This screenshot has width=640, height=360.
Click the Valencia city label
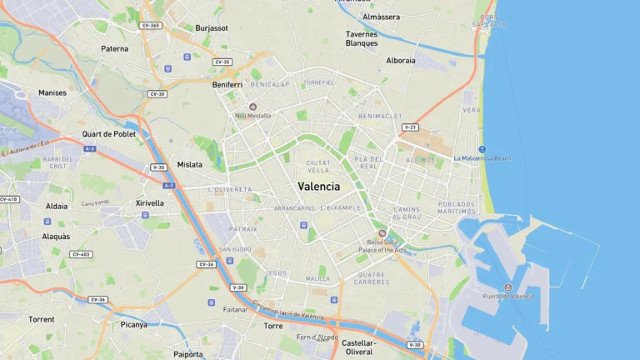[318, 187]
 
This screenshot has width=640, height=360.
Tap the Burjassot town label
[212, 27]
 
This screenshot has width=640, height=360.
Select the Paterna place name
[115, 48]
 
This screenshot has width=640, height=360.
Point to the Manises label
[52, 92]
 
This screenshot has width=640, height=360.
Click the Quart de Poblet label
[108, 133]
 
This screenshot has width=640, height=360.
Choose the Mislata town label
[189, 164]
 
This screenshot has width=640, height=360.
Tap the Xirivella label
[150, 202]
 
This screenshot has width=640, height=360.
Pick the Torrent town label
[41, 319]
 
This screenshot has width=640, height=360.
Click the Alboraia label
[401, 60]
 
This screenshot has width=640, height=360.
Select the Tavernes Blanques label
[362, 38]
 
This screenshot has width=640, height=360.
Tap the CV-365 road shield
[151, 26]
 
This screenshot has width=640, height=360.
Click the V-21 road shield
[410, 127]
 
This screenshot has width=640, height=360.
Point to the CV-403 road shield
[81, 254]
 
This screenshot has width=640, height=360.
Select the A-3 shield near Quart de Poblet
[89, 148]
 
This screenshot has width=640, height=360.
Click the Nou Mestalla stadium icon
[252, 107]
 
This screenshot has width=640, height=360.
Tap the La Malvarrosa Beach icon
[482, 149]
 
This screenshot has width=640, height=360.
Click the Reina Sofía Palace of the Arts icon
[382, 233]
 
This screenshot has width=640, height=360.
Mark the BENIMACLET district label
[380, 116]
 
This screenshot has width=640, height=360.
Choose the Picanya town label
[133, 325]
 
